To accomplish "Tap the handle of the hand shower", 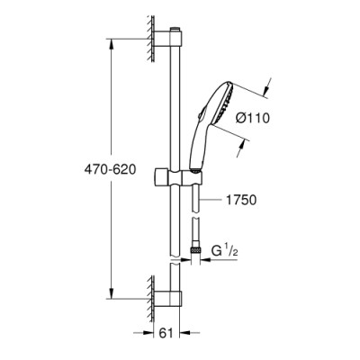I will pos(201,149).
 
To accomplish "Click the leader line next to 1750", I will pos(210,201).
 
